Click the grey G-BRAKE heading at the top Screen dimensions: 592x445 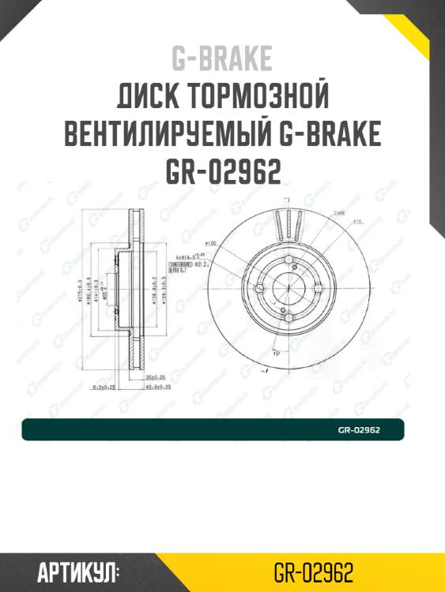click(x=222, y=58)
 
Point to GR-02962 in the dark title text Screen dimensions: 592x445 click(x=222, y=171)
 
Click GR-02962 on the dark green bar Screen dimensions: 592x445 click(x=360, y=430)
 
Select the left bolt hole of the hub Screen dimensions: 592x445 click(x=260, y=287)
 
